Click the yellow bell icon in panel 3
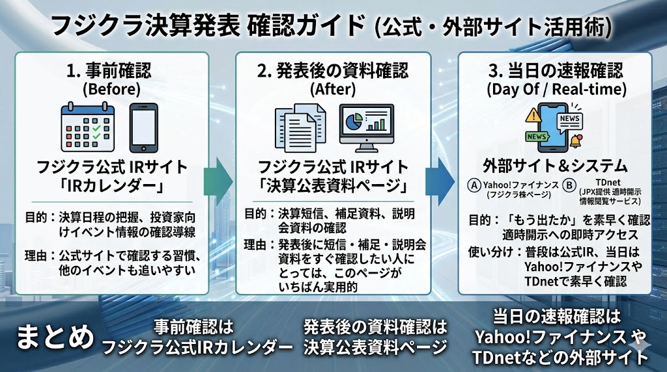575,140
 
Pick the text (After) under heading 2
333,88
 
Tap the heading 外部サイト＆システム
554,164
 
